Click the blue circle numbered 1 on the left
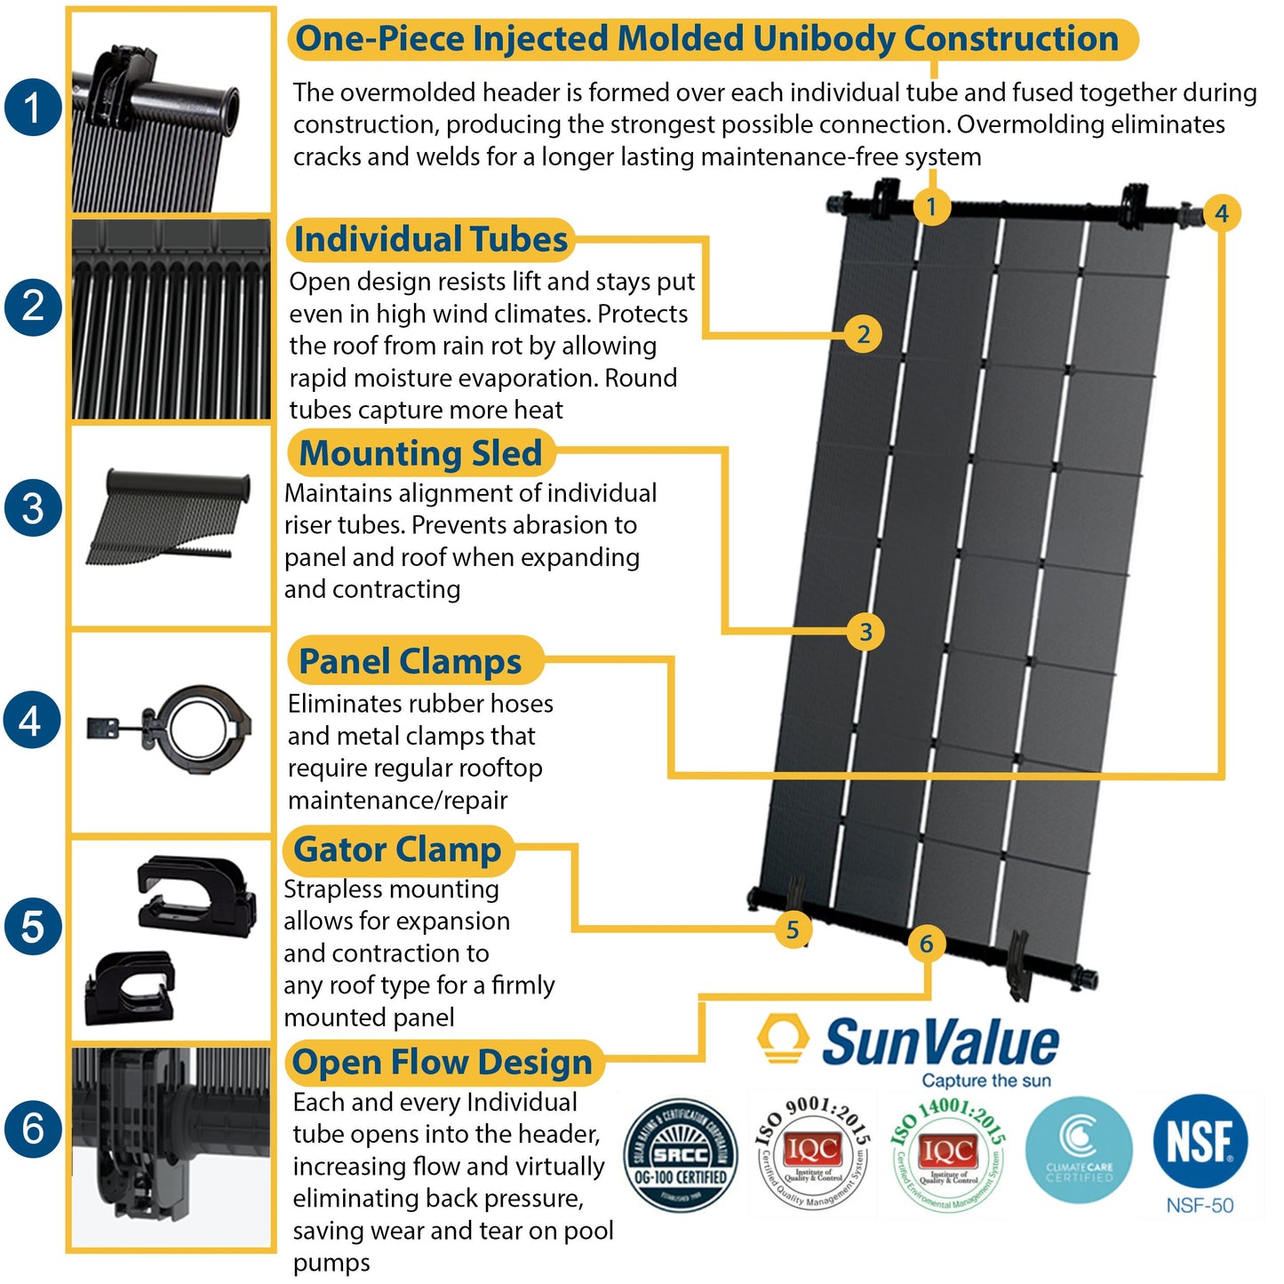(33, 108)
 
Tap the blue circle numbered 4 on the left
(32, 720)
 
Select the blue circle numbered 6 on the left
(33, 1128)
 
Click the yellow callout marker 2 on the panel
(863, 335)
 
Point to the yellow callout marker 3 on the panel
(865, 632)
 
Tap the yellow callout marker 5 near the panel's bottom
(792, 930)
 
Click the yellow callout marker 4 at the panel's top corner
(1222, 213)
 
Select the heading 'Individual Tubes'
(430, 240)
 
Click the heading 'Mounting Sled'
(420, 453)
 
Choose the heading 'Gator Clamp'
(397, 849)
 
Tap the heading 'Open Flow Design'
(442, 1062)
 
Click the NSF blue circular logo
(1200, 1142)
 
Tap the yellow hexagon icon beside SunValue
(782, 1040)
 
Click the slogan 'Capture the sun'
(985, 1081)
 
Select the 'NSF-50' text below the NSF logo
(1200, 1206)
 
